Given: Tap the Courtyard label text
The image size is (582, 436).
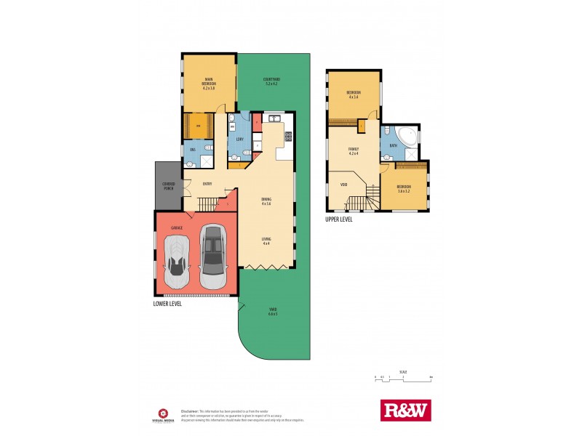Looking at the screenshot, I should tap(272, 81).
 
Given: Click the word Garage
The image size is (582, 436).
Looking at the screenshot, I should tap(176, 228).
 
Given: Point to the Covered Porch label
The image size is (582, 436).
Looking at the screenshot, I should tap(168, 185).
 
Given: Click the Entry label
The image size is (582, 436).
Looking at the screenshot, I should tap(207, 184).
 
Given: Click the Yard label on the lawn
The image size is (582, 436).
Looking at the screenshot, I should tap(272, 312).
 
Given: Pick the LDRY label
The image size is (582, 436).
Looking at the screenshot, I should tap(239, 138).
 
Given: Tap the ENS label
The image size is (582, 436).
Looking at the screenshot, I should tap(193, 150).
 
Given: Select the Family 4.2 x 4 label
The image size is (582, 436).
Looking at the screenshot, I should tap(354, 150).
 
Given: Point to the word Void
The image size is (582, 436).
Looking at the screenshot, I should tap(343, 185).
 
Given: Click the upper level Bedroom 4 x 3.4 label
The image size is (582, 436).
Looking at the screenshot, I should tap(354, 95).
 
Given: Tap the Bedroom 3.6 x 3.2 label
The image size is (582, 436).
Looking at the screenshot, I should tap(403, 188).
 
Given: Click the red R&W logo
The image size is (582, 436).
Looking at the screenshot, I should tap(406, 411).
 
